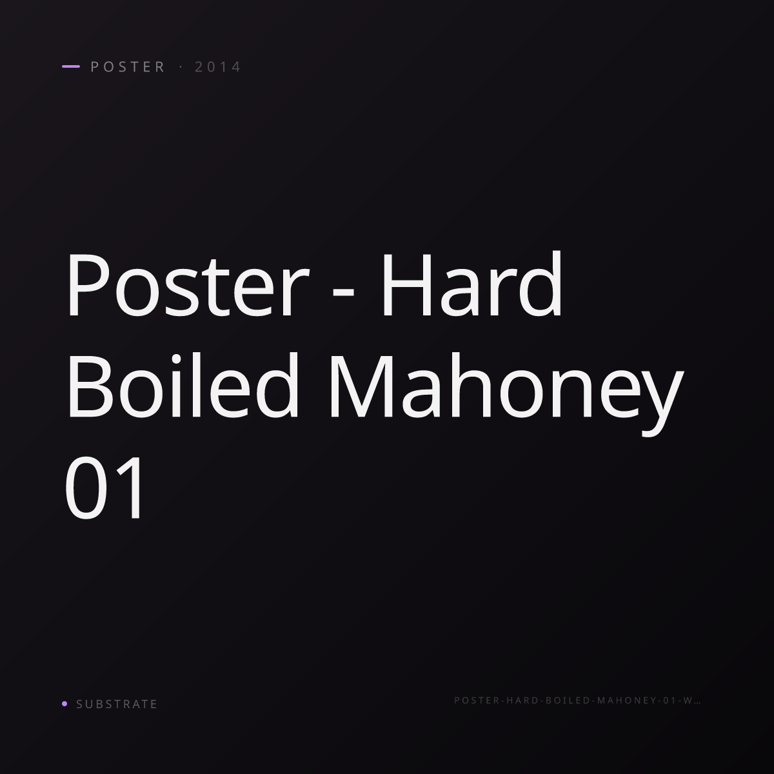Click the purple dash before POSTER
click(x=71, y=66)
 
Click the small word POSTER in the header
click(x=127, y=67)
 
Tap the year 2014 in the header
click(x=217, y=67)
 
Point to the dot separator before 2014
click(x=181, y=66)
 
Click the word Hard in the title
click(x=471, y=284)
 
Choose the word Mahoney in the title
click(x=506, y=393)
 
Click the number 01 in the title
click(x=104, y=488)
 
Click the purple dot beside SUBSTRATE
click(x=64, y=703)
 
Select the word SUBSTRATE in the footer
click(x=117, y=704)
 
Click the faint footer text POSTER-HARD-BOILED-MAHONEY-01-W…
click(x=577, y=700)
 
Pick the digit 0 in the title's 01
click(x=86, y=488)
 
